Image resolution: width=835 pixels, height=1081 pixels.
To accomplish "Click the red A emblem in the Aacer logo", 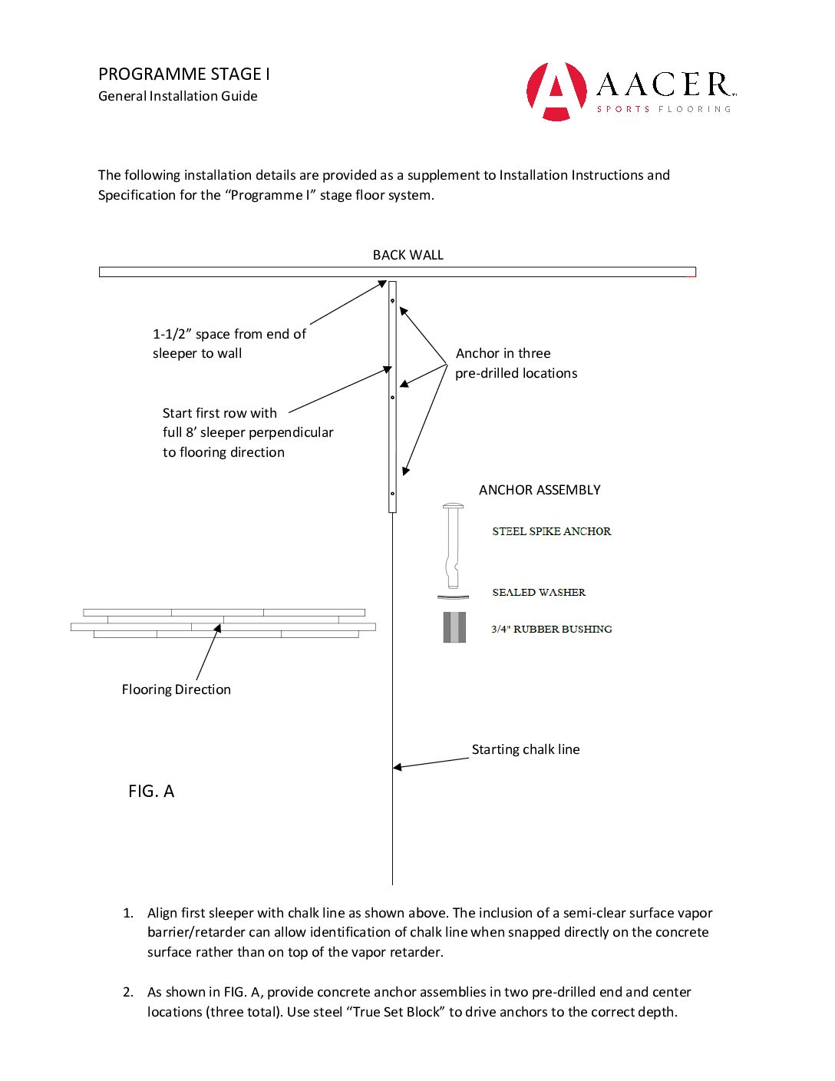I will pos(556,91).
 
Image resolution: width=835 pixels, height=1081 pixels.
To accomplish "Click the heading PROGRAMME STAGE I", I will pos(184,74).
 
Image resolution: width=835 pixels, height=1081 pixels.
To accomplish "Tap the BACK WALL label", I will pos(408,255).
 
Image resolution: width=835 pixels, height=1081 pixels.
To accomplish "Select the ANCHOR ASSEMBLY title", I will pos(540,490).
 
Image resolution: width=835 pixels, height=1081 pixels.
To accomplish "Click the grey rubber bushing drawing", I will pos(454,627).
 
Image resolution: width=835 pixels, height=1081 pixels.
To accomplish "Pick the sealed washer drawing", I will pos(453,597).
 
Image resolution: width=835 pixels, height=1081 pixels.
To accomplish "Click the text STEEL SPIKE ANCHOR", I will pos(551,531).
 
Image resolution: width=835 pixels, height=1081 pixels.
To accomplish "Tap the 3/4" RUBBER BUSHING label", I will pos(551,629).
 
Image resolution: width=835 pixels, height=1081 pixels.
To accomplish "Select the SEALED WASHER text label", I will pos(539,592).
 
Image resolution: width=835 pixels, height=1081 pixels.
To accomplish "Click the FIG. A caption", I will pos(151,792).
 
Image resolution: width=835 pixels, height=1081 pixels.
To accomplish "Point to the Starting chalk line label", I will pos(526,749).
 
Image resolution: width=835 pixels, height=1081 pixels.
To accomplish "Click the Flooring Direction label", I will pos(176,689).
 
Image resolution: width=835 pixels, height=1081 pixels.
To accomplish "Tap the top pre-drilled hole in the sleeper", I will pos(392,301).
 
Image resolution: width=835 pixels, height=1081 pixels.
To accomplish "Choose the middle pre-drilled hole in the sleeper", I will pos(392,397).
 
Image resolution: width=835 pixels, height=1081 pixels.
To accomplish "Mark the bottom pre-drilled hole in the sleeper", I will pos(392,494).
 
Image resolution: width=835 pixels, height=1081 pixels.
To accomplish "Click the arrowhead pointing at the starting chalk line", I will pos(397,767).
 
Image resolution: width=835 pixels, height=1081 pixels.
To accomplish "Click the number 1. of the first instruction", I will pos(128,913).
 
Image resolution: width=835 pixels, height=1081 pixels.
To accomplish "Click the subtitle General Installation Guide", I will pos(177,96).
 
